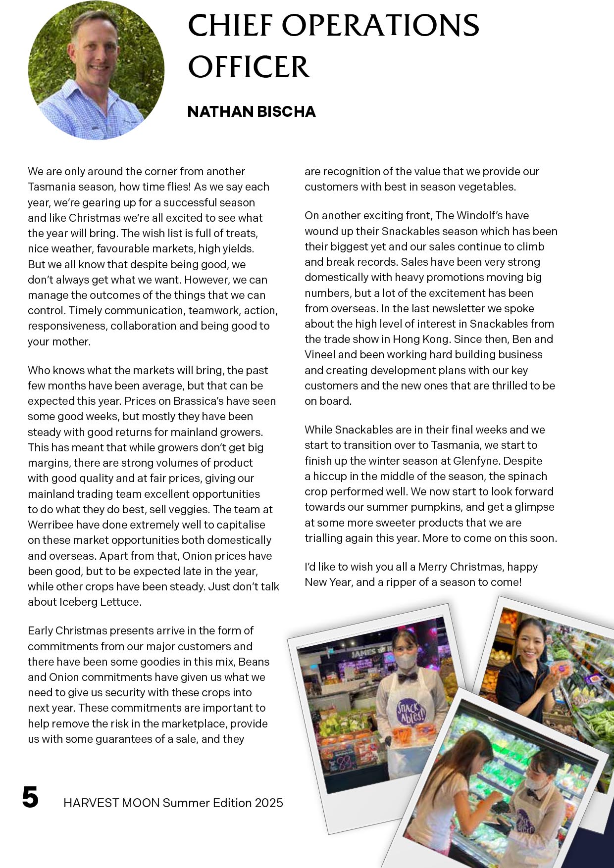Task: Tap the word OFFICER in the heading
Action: (249, 67)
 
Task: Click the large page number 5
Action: (30, 797)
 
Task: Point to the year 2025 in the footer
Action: (269, 803)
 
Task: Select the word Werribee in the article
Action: (49, 525)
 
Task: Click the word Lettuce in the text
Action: (122, 602)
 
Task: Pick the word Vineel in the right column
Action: (320, 354)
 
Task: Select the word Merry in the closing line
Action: (433, 567)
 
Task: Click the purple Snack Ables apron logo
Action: (410, 711)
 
